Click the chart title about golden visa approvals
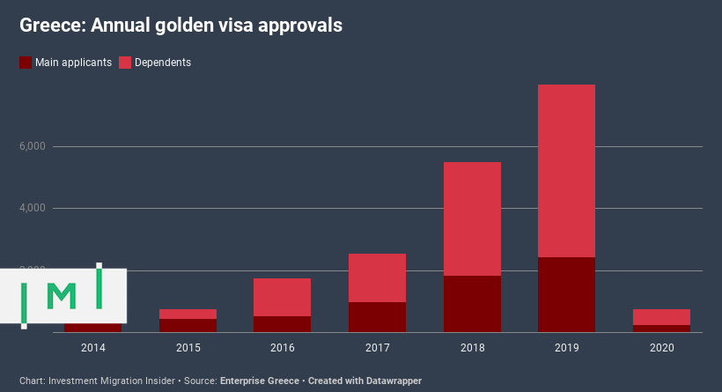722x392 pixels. pos(180,26)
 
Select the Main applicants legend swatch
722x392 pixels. pos(26,63)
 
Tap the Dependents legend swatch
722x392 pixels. pos(124,63)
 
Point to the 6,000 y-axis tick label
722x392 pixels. pos(33,146)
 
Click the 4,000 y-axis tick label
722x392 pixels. pos(33,208)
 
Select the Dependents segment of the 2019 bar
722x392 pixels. pos(566,171)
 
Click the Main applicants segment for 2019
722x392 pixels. pos(566,294)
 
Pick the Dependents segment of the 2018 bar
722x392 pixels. pos(472,218)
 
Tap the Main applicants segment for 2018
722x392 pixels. pos(472,304)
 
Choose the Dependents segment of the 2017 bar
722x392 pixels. pos(377,277)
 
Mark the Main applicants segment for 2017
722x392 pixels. pos(377,317)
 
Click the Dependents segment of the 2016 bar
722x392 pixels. pos(283,297)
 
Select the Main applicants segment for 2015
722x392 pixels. pos(188,325)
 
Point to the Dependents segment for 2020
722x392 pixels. pos(661,317)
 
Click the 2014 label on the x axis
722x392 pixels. pos(93,348)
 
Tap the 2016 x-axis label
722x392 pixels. pos(283,348)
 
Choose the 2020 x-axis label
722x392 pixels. pos(661,348)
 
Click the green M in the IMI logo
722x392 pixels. pos(61,297)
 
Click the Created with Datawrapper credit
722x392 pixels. pos(365,381)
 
